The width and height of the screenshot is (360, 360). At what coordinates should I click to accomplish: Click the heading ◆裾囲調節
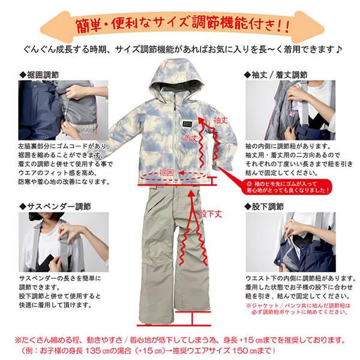click(x=41, y=75)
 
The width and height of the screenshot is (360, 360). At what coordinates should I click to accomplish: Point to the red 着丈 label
click(x=190, y=138)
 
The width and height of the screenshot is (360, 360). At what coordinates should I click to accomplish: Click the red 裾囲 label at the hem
click(x=166, y=173)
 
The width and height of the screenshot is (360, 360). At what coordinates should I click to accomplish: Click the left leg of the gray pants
click(x=157, y=264)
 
